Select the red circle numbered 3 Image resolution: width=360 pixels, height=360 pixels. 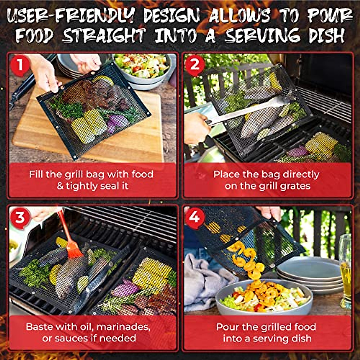20,217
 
